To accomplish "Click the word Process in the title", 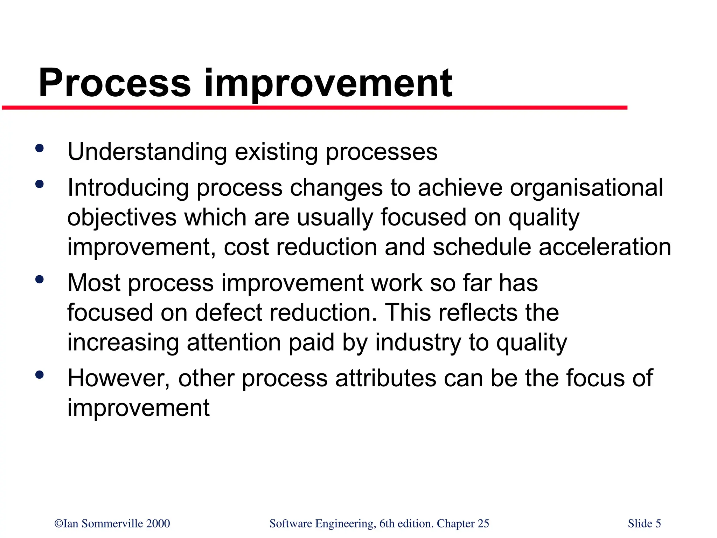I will pyautogui.click(x=115, y=83).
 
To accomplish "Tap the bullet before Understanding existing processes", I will pyautogui.click(x=40, y=148).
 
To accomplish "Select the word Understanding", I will pyautogui.click(x=147, y=152).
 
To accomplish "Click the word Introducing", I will pyautogui.click(x=128, y=188).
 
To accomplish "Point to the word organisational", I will pyautogui.click(x=586, y=188).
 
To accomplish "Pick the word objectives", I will pyautogui.click(x=121, y=218).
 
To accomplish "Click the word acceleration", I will pyautogui.click(x=605, y=247).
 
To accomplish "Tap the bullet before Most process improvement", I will pyautogui.click(x=40, y=280).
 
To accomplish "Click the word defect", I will pyautogui.click(x=228, y=313).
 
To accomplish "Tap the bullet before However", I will pyautogui.click(x=40, y=375).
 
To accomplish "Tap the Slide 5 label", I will pyautogui.click(x=644, y=523).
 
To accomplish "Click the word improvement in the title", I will pyautogui.click(x=328, y=83).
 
